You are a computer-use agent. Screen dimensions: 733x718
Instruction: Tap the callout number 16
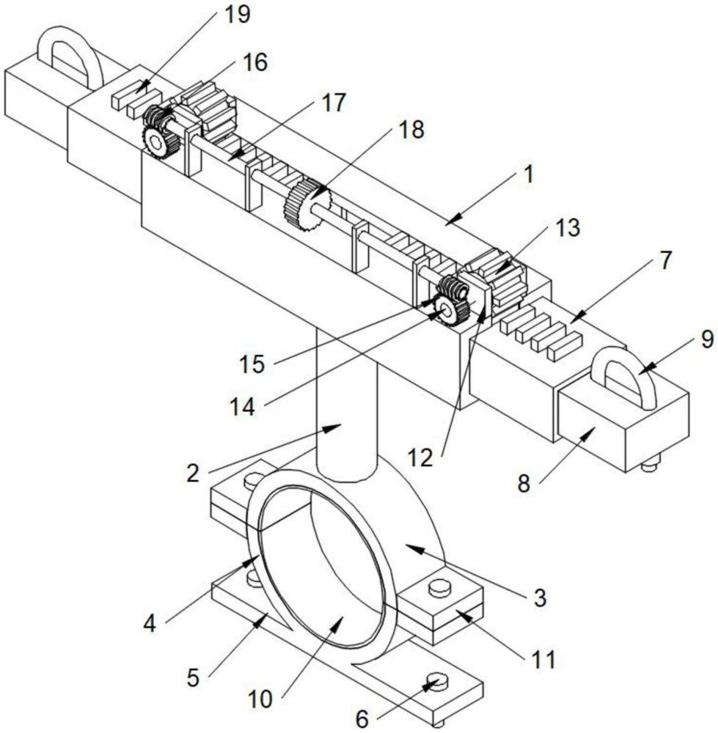tap(254, 62)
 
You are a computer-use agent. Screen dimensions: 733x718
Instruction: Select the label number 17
tap(333, 103)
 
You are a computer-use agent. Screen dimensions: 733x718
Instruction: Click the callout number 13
tap(568, 228)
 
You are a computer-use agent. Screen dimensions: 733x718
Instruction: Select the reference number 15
tap(254, 364)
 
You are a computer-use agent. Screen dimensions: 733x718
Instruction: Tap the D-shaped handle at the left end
tap(70, 51)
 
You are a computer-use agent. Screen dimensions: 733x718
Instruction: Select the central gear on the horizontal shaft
tap(307, 205)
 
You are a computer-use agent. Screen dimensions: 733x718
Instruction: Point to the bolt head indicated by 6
tap(435, 681)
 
